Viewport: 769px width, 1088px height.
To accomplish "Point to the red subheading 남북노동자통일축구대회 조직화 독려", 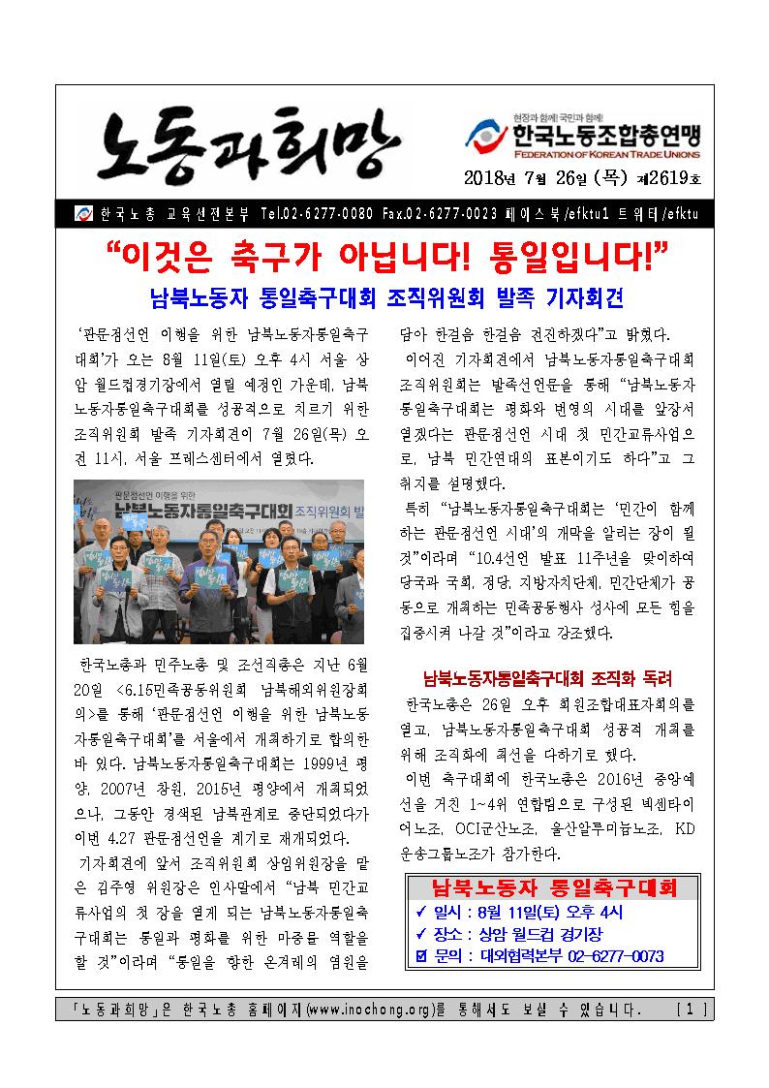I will (x=548, y=677).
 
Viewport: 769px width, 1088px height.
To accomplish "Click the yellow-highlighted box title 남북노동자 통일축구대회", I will (x=553, y=889).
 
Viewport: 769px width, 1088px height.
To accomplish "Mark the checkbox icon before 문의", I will (x=420, y=957).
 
